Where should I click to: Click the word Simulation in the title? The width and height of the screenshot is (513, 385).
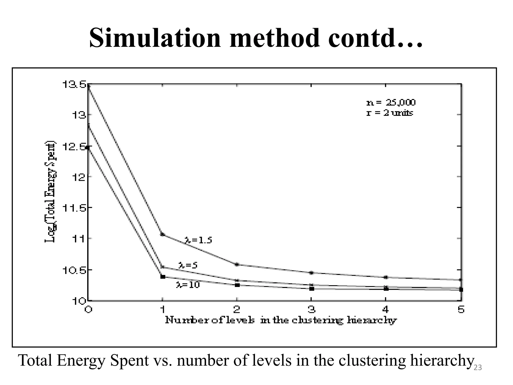coord(155,38)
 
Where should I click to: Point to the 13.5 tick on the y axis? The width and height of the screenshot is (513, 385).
coord(74,85)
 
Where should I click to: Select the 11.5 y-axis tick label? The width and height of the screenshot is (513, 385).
coord(74,208)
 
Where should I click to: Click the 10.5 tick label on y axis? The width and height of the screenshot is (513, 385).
coord(74,270)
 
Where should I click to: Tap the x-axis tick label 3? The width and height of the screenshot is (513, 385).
coord(311,310)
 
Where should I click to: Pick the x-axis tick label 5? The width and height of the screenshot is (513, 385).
coord(461,310)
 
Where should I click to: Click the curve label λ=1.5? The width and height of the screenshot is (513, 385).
coord(198,240)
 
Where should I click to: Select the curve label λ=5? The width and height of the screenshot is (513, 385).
coord(188,265)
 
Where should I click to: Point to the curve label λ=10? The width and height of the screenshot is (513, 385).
coord(188,285)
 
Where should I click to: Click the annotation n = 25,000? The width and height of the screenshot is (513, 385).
coord(391,103)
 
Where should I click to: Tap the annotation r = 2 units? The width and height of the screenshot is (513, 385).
coord(390,113)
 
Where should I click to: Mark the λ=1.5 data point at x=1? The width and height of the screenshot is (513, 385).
coord(163,234)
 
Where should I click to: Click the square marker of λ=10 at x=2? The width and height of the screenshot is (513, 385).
coord(237,285)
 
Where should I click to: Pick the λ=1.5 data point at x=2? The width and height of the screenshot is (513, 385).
coord(237,264)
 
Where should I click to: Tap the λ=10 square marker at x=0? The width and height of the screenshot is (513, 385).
coord(87,148)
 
